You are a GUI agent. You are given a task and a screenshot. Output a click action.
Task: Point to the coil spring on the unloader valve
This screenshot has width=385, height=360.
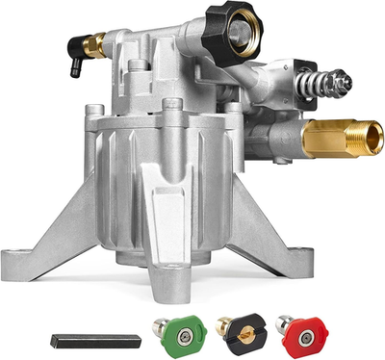pos(314,78)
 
